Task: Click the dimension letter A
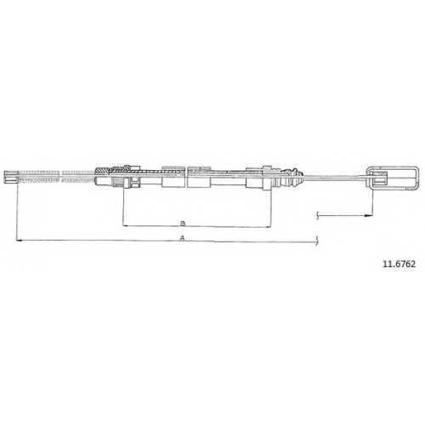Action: (x=183, y=238)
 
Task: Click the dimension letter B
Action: (x=183, y=224)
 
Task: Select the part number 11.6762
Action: (x=399, y=264)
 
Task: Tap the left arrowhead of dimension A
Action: (x=20, y=241)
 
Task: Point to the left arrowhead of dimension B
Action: (x=125, y=225)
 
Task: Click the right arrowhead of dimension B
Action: (x=269, y=226)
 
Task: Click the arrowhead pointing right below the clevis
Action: (x=369, y=216)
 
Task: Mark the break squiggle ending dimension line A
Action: (x=318, y=241)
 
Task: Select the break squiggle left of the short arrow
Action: (x=318, y=216)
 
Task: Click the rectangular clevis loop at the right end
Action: (x=392, y=167)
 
